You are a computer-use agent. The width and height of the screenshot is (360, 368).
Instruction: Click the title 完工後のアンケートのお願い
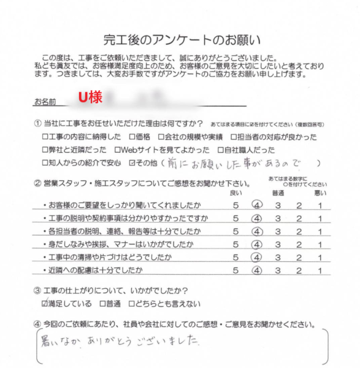182,41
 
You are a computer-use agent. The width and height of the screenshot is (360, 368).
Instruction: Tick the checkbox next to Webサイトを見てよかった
119,150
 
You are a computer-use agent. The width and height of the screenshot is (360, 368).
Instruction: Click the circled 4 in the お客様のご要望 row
256,204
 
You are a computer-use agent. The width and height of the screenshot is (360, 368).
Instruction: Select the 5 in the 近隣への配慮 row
236,270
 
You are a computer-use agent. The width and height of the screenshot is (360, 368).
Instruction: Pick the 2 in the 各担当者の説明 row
299,231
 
